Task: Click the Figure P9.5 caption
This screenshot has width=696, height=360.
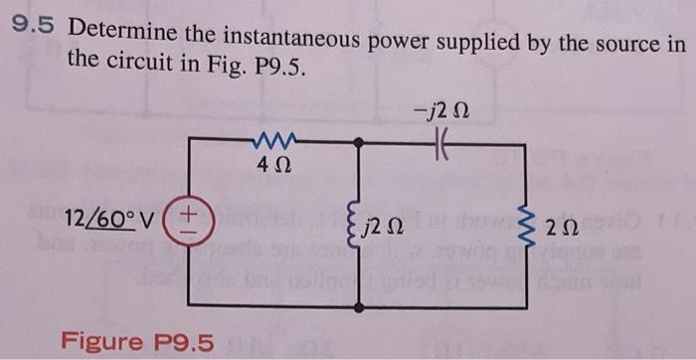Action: (x=137, y=342)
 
